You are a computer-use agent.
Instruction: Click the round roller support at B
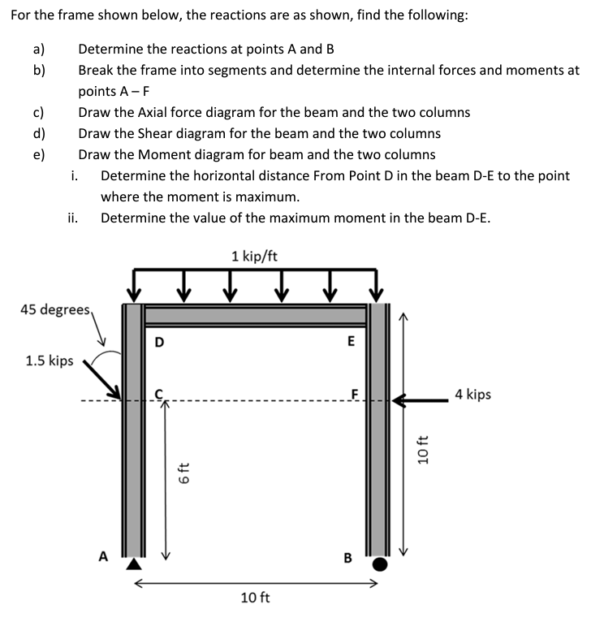(380, 562)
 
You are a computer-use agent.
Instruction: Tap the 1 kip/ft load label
(254, 257)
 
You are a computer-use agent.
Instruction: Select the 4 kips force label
(472, 395)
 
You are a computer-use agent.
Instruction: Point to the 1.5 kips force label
(50, 361)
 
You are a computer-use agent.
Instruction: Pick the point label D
(159, 342)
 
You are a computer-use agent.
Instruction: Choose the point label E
(351, 342)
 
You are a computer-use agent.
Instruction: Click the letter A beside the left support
(103, 555)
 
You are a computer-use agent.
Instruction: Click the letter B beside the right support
(348, 558)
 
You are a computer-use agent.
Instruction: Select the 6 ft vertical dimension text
(183, 473)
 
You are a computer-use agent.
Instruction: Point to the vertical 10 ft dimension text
(422, 449)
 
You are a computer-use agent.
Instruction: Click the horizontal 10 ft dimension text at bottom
(256, 598)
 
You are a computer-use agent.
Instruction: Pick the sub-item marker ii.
(73, 217)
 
